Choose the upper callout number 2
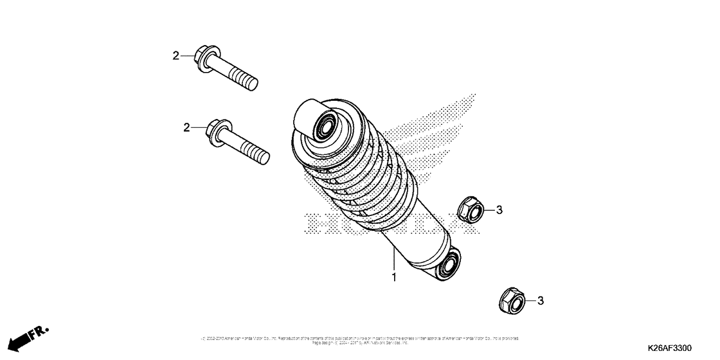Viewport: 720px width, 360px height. (x=175, y=56)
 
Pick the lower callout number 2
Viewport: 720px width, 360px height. (x=186, y=128)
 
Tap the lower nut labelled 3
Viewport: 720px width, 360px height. (x=512, y=300)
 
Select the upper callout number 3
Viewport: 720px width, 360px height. (x=498, y=210)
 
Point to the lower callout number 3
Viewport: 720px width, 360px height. (x=541, y=300)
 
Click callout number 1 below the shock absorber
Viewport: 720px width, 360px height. (x=394, y=278)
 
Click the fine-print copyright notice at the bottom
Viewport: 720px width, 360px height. (x=360, y=339)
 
